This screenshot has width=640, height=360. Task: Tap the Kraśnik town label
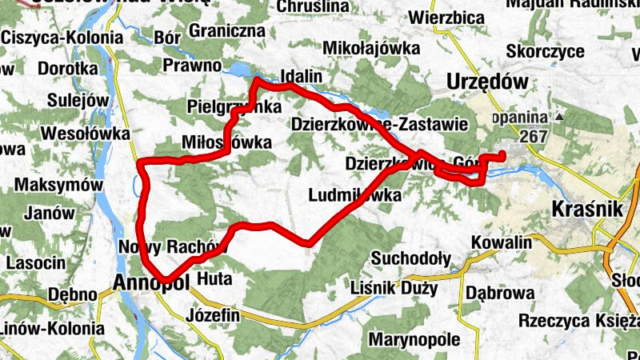pyautogui.click(x=587, y=210)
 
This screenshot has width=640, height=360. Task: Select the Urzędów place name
pyautogui.click(x=489, y=82)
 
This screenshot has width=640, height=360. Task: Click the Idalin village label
pyautogui.click(x=301, y=77)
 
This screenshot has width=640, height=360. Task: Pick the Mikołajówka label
pyautogui.click(x=371, y=48)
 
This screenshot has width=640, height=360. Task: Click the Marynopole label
pyautogui.click(x=414, y=339)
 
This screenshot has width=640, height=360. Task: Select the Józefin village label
pyautogui.click(x=212, y=315)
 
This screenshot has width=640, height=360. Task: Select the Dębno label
pyautogui.click(x=73, y=294)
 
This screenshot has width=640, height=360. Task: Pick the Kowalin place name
pyautogui.click(x=502, y=242)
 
